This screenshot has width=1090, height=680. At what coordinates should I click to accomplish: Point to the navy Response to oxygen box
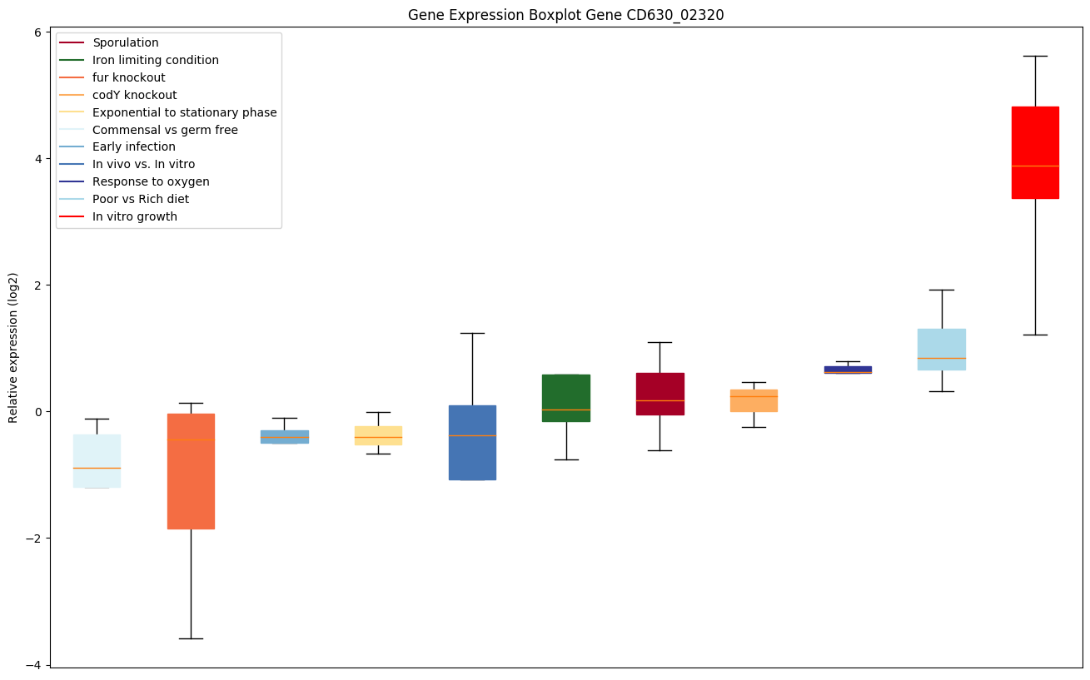pyautogui.click(x=848, y=370)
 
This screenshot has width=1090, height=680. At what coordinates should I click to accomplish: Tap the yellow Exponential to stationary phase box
pyautogui.click(x=378, y=435)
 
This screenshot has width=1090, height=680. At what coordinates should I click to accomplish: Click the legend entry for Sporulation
pyautogui.click(x=125, y=42)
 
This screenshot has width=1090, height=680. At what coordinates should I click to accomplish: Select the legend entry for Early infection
pyautogui.click(x=133, y=147)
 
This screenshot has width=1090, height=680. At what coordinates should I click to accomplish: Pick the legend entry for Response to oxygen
pyautogui.click(x=151, y=182)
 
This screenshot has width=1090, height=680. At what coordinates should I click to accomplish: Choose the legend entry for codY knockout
pyautogui.click(x=134, y=95)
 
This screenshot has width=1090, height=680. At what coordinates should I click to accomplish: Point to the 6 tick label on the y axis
pyautogui.click(x=37, y=32)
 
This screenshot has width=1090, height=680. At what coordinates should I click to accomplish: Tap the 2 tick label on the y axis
pyautogui.click(x=37, y=285)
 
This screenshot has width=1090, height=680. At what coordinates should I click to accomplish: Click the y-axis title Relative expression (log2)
pyautogui.click(x=13, y=347)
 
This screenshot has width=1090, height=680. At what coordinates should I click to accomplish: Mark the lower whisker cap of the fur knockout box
pyautogui.click(x=191, y=638)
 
